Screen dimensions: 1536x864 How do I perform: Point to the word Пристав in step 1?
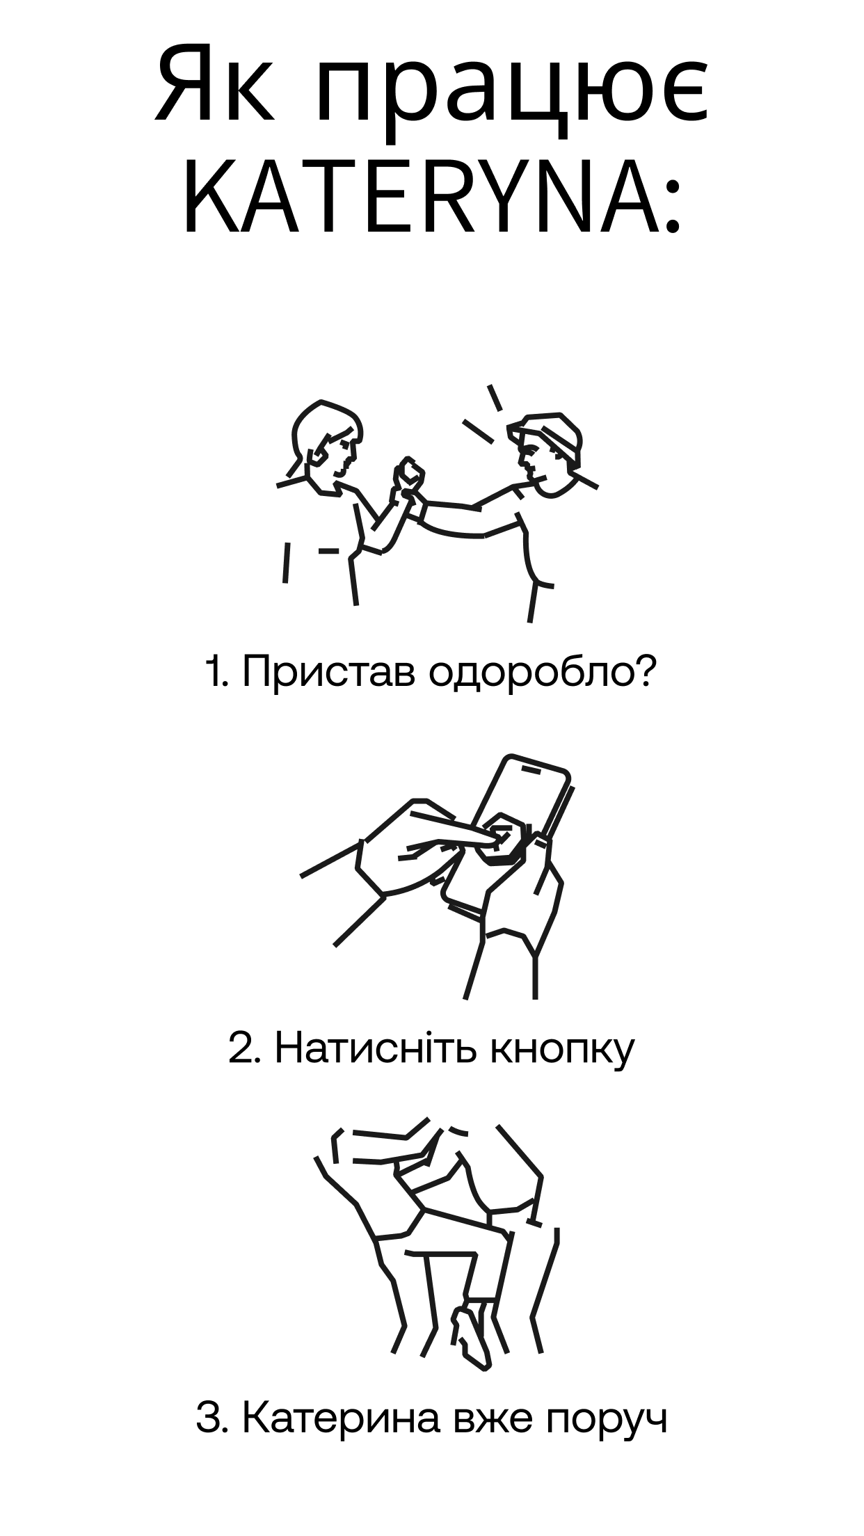tap(328, 673)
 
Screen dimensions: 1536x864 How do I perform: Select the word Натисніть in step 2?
tap(376, 1048)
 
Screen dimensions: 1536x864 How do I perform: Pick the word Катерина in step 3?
tap(341, 1419)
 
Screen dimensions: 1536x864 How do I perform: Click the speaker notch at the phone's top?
tap(531, 770)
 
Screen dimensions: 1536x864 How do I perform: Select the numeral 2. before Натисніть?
tap(243, 1048)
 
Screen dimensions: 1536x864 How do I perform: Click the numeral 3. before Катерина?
tap(212, 1419)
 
